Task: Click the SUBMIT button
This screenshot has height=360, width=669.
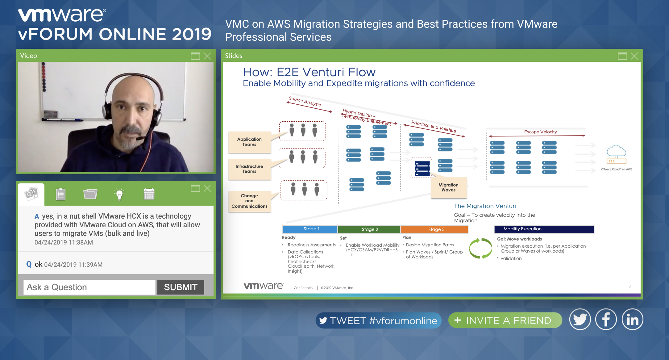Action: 181,287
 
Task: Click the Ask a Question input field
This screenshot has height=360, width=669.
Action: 89,287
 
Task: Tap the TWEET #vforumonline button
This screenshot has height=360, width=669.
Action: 378,320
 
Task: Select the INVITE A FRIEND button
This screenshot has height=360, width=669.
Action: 505,320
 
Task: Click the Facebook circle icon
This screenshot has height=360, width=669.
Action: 606,320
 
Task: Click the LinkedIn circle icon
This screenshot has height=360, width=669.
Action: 632,320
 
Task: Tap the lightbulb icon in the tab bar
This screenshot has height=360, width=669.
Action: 119,194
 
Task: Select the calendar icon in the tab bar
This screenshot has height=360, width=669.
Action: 149,194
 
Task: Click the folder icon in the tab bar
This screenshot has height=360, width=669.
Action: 90,194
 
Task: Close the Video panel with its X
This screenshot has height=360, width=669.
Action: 207,56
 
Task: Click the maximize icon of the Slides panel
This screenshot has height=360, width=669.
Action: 622,56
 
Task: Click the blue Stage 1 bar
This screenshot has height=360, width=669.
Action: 310,229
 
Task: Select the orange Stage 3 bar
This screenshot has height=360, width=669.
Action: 434,229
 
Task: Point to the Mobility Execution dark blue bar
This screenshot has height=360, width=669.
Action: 544,229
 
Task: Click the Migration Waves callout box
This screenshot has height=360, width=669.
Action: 449,187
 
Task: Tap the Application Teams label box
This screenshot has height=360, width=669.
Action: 249,142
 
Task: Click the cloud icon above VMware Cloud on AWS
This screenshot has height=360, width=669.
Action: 617,151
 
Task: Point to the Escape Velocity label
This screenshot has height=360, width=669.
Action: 541,132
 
